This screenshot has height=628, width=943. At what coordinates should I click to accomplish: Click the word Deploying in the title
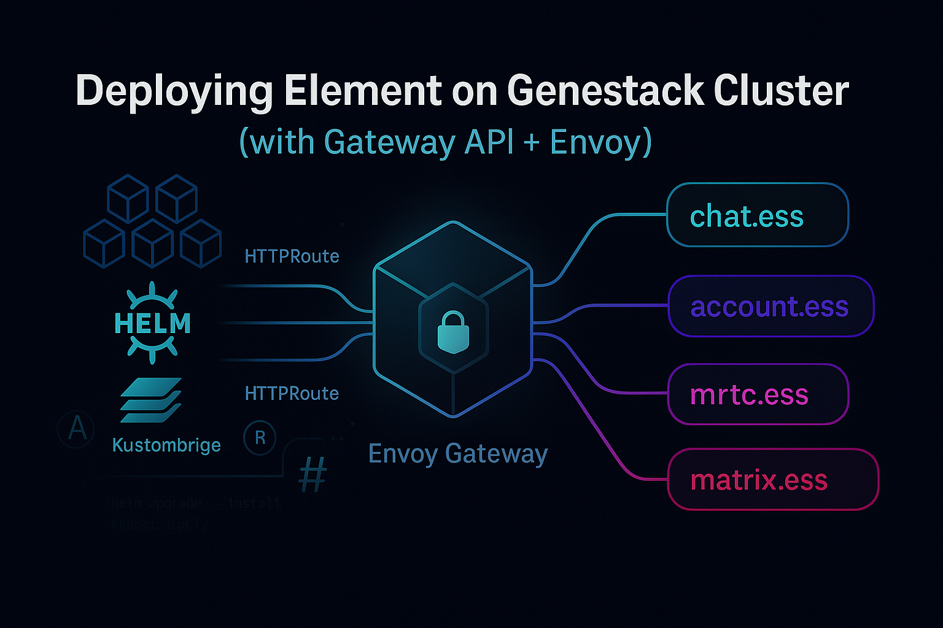click(x=174, y=92)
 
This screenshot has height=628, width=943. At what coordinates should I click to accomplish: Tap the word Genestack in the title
click(x=605, y=91)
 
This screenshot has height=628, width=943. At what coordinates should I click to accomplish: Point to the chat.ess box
click(x=758, y=215)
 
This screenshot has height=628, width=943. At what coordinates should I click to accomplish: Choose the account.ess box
click(x=770, y=306)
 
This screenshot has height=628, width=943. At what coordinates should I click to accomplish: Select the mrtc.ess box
click(x=758, y=394)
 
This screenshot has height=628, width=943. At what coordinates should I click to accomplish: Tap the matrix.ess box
click(x=773, y=480)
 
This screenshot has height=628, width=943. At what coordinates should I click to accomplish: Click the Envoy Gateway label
click(x=457, y=454)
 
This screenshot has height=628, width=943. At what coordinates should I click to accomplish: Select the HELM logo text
click(x=152, y=323)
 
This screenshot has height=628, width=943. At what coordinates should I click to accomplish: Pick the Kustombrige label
click(x=166, y=445)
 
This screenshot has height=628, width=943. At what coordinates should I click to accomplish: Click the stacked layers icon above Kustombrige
click(x=150, y=400)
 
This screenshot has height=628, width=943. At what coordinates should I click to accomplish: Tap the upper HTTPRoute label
click(x=292, y=256)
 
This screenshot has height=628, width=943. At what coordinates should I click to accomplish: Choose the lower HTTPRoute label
click(x=292, y=393)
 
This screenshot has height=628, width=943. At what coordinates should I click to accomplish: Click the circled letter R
click(x=260, y=438)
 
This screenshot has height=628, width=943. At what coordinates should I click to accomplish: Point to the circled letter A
click(x=77, y=428)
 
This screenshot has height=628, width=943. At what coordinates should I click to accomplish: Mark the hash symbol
click(x=312, y=475)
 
